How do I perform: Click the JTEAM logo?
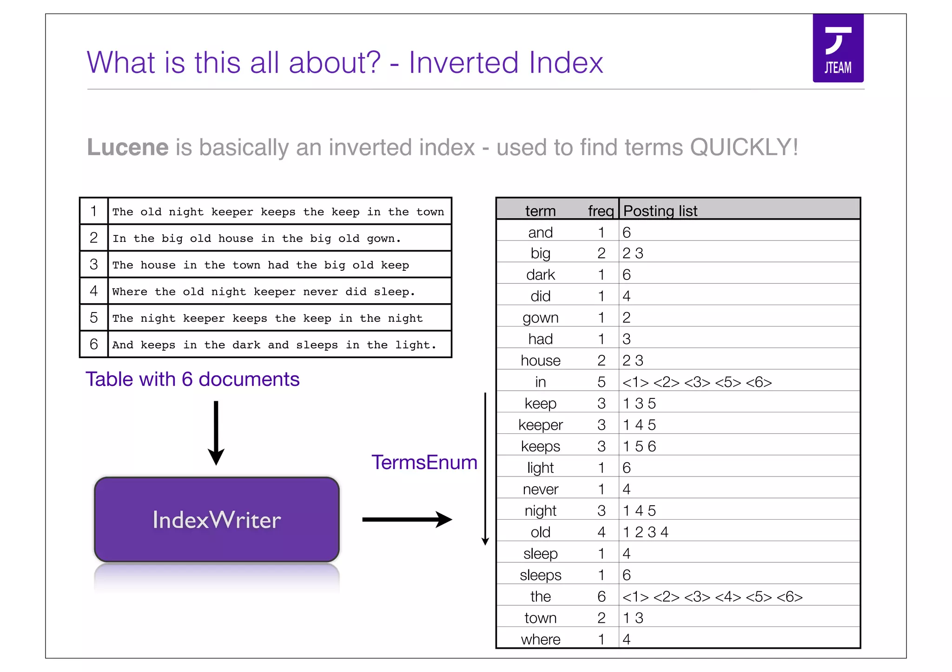(x=838, y=48)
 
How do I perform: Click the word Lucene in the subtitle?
(x=128, y=147)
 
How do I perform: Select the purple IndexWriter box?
(x=217, y=520)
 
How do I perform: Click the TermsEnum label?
(x=424, y=463)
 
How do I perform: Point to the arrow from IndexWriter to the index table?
(x=406, y=519)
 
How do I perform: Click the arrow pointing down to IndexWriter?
(x=216, y=432)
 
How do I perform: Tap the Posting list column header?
(x=660, y=211)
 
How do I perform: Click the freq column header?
(x=600, y=211)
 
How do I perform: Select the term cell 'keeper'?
(x=540, y=425)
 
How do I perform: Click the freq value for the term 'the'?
(x=601, y=596)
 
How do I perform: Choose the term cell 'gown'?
(x=540, y=318)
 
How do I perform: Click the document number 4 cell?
(x=94, y=291)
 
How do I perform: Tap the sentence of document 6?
(x=274, y=345)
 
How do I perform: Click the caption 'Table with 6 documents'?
(x=192, y=379)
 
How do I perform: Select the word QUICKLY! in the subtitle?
(x=744, y=147)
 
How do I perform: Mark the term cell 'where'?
(x=540, y=639)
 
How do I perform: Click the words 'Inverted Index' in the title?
(x=506, y=62)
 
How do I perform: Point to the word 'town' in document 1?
(x=430, y=212)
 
